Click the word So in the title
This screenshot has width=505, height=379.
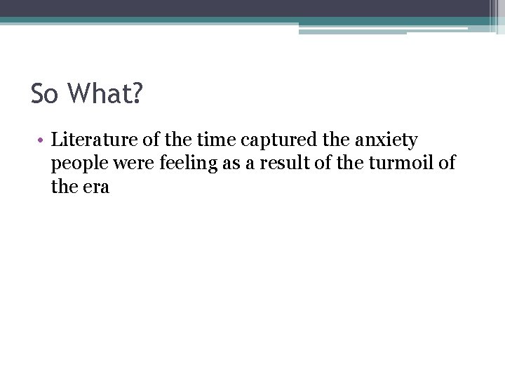tap(44, 94)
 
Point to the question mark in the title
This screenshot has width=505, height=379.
tap(135, 94)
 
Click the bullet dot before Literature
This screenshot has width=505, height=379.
tap(43, 140)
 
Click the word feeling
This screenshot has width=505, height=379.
tap(182, 164)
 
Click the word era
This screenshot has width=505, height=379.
tap(95, 187)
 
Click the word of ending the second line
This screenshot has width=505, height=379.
tap(447, 164)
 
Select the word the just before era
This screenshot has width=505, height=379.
tap(64, 187)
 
